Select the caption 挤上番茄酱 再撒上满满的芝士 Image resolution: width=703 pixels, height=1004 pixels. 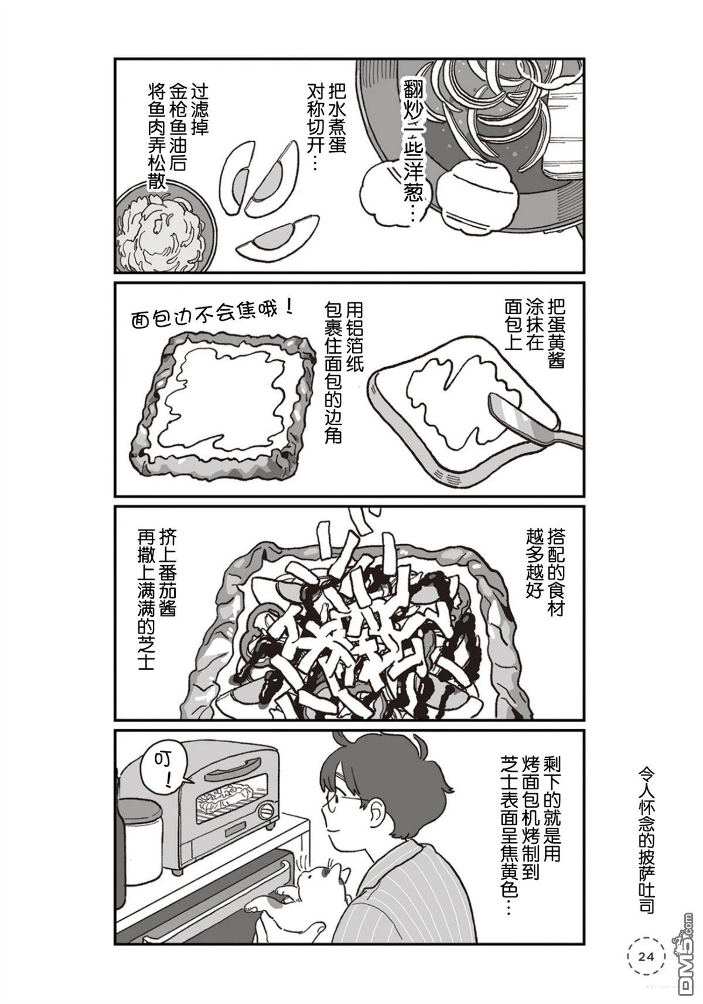click(157, 599)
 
